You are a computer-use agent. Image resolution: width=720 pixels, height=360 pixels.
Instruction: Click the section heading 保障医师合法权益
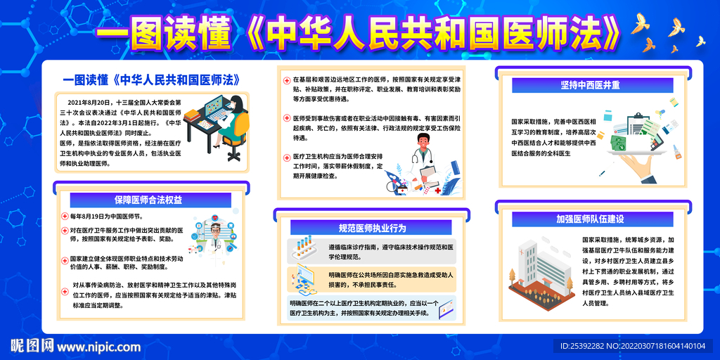tap(148, 200)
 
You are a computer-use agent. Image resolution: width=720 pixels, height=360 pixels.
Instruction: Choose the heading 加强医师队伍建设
tap(590, 219)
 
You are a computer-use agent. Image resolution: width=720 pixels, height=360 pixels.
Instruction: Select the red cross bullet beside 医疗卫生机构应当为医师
tap(286, 156)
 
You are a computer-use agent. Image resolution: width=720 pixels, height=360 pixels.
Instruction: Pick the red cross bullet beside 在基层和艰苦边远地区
tap(286, 80)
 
